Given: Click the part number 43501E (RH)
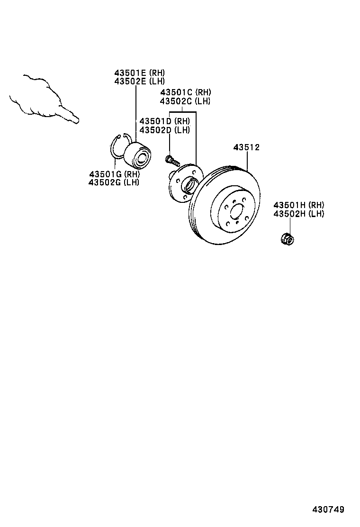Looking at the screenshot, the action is point(139,73).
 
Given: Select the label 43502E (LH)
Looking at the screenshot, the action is point(139,81).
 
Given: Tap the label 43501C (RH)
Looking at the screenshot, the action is point(185,92).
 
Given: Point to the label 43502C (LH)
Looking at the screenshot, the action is point(185,101).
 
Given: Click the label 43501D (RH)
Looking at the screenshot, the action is point(164,121).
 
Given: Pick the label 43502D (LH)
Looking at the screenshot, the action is point(164,130).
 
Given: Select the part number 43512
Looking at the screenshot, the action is point(246,147).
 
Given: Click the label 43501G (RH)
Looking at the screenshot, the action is point(115,174).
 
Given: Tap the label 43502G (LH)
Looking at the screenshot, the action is point(114,182).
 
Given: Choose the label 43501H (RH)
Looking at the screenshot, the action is point(299,205).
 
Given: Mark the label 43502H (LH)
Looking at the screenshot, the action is point(299,213).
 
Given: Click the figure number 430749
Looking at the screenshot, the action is point(328,509).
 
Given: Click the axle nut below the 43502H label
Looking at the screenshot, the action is point(288,239).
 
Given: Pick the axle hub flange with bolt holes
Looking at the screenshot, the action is point(186,183).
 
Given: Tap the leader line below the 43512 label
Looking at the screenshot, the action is point(247,161).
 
